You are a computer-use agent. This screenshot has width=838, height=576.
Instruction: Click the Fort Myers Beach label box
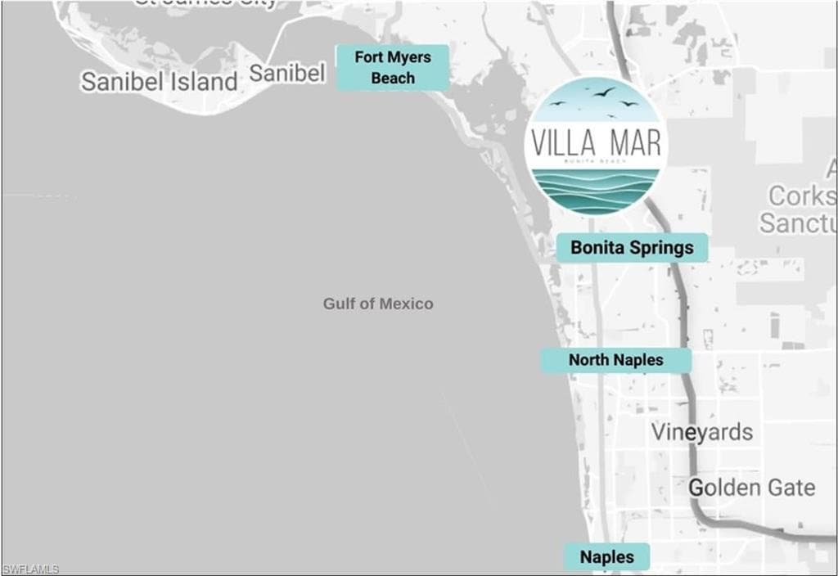click(393, 68)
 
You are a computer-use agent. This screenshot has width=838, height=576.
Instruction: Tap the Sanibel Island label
click(159, 82)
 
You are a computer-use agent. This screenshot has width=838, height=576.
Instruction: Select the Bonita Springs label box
click(632, 247)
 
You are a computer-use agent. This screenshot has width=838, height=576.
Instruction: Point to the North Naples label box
click(615, 360)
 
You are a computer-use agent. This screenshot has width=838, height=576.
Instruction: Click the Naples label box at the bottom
click(606, 557)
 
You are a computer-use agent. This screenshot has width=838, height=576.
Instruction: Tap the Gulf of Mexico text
click(377, 304)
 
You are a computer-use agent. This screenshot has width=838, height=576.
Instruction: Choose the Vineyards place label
click(702, 432)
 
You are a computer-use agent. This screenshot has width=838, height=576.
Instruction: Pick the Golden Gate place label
click(751, 488)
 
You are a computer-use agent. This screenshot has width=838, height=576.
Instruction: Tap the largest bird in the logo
click(604, 92)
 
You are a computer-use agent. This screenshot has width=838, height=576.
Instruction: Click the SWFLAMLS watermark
click(30, 569)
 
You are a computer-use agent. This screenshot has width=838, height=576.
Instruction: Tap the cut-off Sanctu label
click(798, 223)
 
